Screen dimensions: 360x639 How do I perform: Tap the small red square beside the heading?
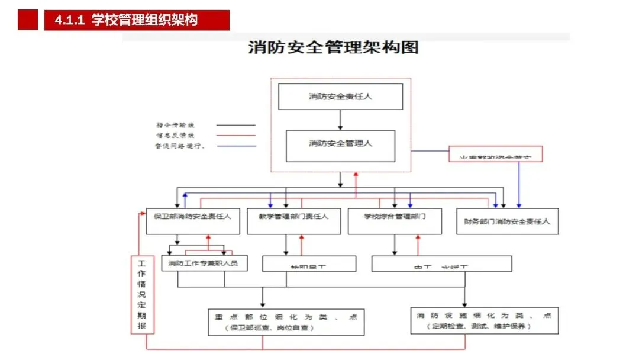click(28, 20)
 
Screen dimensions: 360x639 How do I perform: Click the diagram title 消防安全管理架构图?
click(333, 48)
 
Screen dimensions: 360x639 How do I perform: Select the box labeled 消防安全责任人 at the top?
click(340, 97)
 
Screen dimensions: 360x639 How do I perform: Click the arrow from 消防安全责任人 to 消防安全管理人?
click(340, 120)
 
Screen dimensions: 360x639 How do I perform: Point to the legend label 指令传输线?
click(175, 125)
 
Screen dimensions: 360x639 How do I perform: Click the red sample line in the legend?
click(235, 135)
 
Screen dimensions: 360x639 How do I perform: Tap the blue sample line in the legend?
click(235, 146)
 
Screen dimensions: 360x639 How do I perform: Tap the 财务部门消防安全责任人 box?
click(507, 222)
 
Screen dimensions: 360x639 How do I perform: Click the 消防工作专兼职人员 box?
click(204, 262)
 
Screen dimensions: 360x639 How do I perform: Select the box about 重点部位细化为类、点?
click(286, 322)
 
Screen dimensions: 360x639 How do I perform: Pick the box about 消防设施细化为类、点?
click(484, 320)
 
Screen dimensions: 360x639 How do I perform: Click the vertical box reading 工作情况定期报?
click(141, 294)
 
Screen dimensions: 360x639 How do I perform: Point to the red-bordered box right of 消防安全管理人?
click(496, 155)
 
